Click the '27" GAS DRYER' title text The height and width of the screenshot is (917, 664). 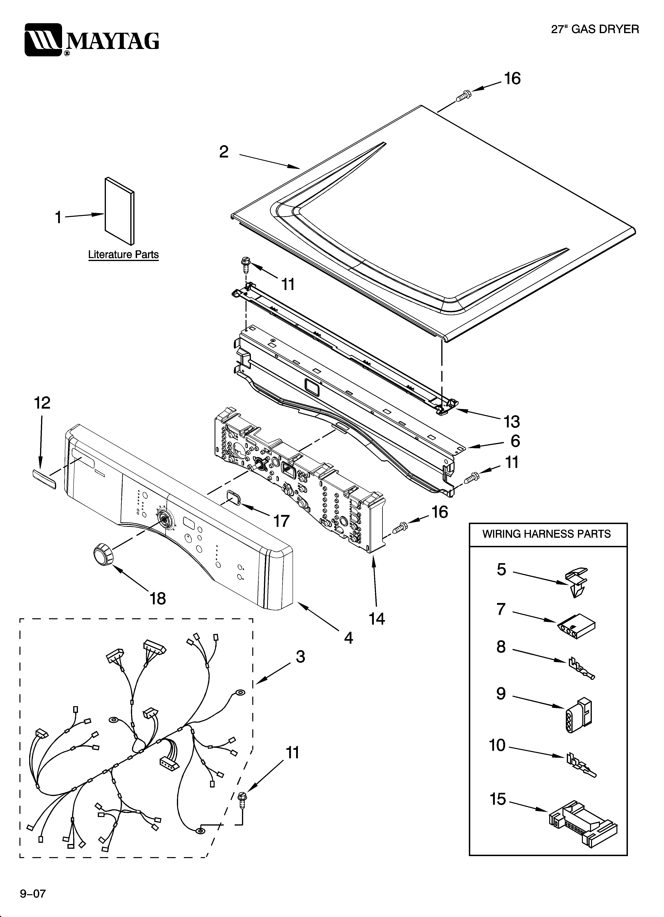[x=595, y=29]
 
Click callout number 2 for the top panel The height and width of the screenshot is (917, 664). [x=224, y=152]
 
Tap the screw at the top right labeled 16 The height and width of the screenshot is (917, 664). [x=463, y=95]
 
